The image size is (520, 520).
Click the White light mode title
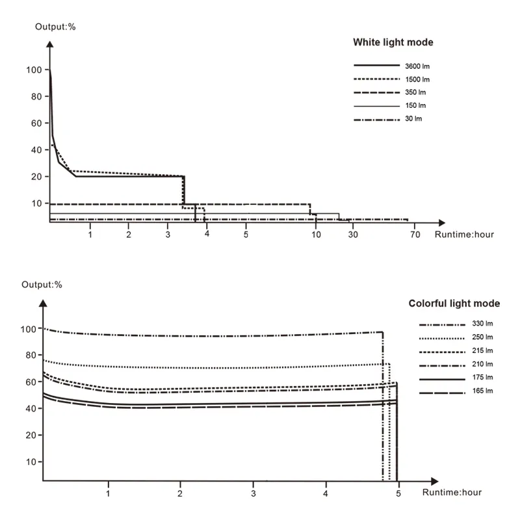point(393,43)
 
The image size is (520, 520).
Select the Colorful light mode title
point(454,304)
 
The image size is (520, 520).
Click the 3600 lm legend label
point(417,66)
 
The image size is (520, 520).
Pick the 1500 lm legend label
point(417,79)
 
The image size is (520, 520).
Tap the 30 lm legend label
point(413,119)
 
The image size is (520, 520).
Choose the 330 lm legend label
point(482,324)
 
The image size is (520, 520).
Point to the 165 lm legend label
point(482,392)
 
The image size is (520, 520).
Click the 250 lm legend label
point(482,337)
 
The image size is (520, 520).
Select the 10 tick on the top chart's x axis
point(316,234)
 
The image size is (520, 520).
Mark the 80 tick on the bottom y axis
point(29,356)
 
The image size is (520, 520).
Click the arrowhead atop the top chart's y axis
point(50,45)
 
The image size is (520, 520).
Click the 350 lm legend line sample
point(375,92)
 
